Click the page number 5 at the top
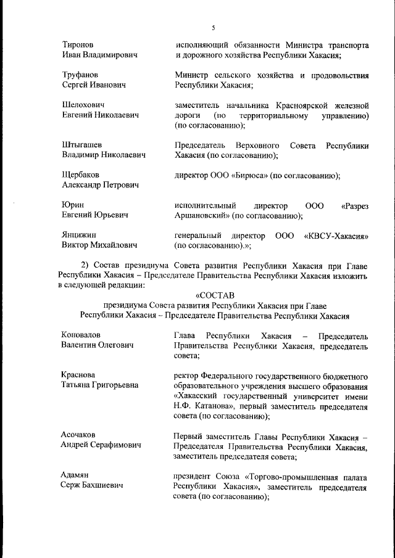[x=213, y=28]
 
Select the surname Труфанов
[x=80, y=75]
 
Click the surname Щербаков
[x=80, y=175]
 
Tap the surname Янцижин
[x=79, y=236]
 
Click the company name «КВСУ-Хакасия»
[x=336, y=236]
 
